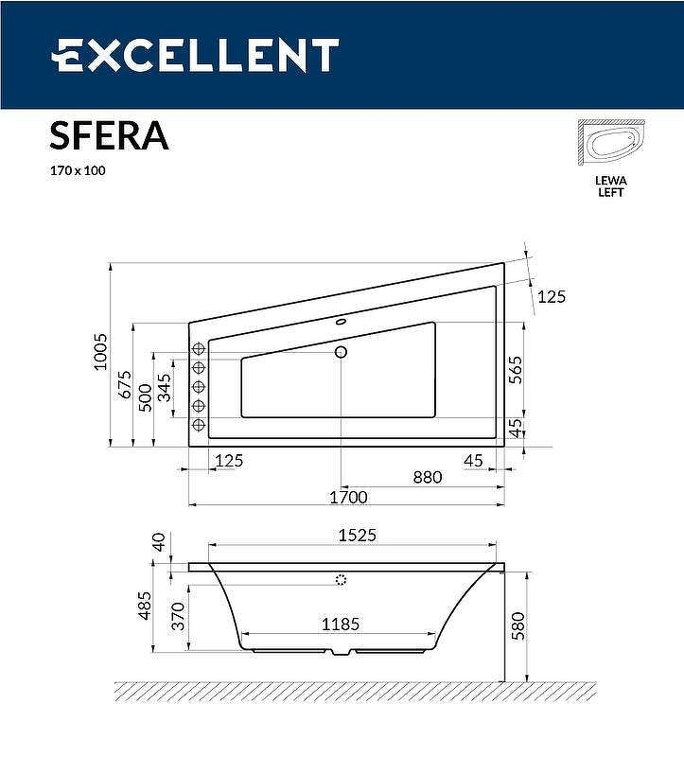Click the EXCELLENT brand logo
coord(194,55)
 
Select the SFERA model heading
coord(109,135)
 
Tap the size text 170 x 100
coord(77,171)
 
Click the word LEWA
coord(610,179)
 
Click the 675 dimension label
coord(123,382)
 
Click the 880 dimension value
coord(427,477)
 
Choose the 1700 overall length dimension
coord(347,497)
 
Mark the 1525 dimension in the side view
coord(357,535)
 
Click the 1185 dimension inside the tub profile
coord(339,625)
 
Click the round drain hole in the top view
coord(342,352)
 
